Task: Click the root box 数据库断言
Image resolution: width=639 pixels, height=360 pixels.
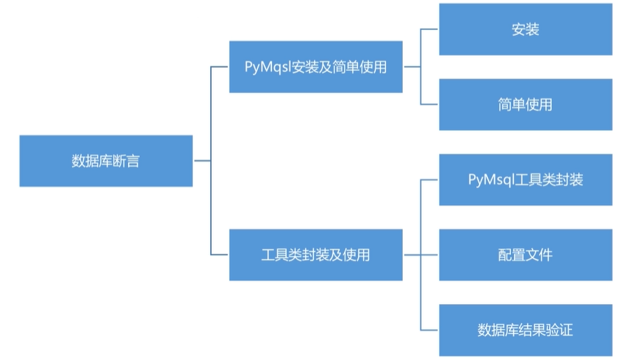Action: [106, 161]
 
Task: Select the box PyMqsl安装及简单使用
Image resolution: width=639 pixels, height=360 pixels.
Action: [315, 67]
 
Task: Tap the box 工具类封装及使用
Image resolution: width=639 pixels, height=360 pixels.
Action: [315, 255]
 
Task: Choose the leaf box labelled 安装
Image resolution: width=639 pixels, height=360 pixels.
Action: [525, 29]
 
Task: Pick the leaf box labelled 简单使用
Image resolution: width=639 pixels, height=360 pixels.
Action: [525, 104]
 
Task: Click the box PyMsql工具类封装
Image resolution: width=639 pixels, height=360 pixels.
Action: [525, 180]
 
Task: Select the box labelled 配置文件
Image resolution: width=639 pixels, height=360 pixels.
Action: [525, 254]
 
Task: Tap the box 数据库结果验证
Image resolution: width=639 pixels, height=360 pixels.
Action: [525, 330]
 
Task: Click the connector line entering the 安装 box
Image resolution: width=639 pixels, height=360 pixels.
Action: [430, 29]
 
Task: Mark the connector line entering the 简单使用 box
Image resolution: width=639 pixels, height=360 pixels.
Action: [430, 104]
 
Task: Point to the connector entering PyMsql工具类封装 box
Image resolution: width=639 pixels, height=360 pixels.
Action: [430, 180]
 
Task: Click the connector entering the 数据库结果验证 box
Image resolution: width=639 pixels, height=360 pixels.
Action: [430, 330]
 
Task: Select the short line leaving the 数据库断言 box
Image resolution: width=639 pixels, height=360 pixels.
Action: [201, 161]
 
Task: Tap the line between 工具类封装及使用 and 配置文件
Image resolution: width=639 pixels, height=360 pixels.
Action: [421, 255]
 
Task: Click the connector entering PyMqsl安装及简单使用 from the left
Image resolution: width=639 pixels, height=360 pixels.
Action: [220, 67]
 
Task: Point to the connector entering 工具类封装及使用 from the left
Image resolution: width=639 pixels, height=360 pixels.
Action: [220, 255]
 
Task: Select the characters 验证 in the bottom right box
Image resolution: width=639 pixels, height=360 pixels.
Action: [561, 330]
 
